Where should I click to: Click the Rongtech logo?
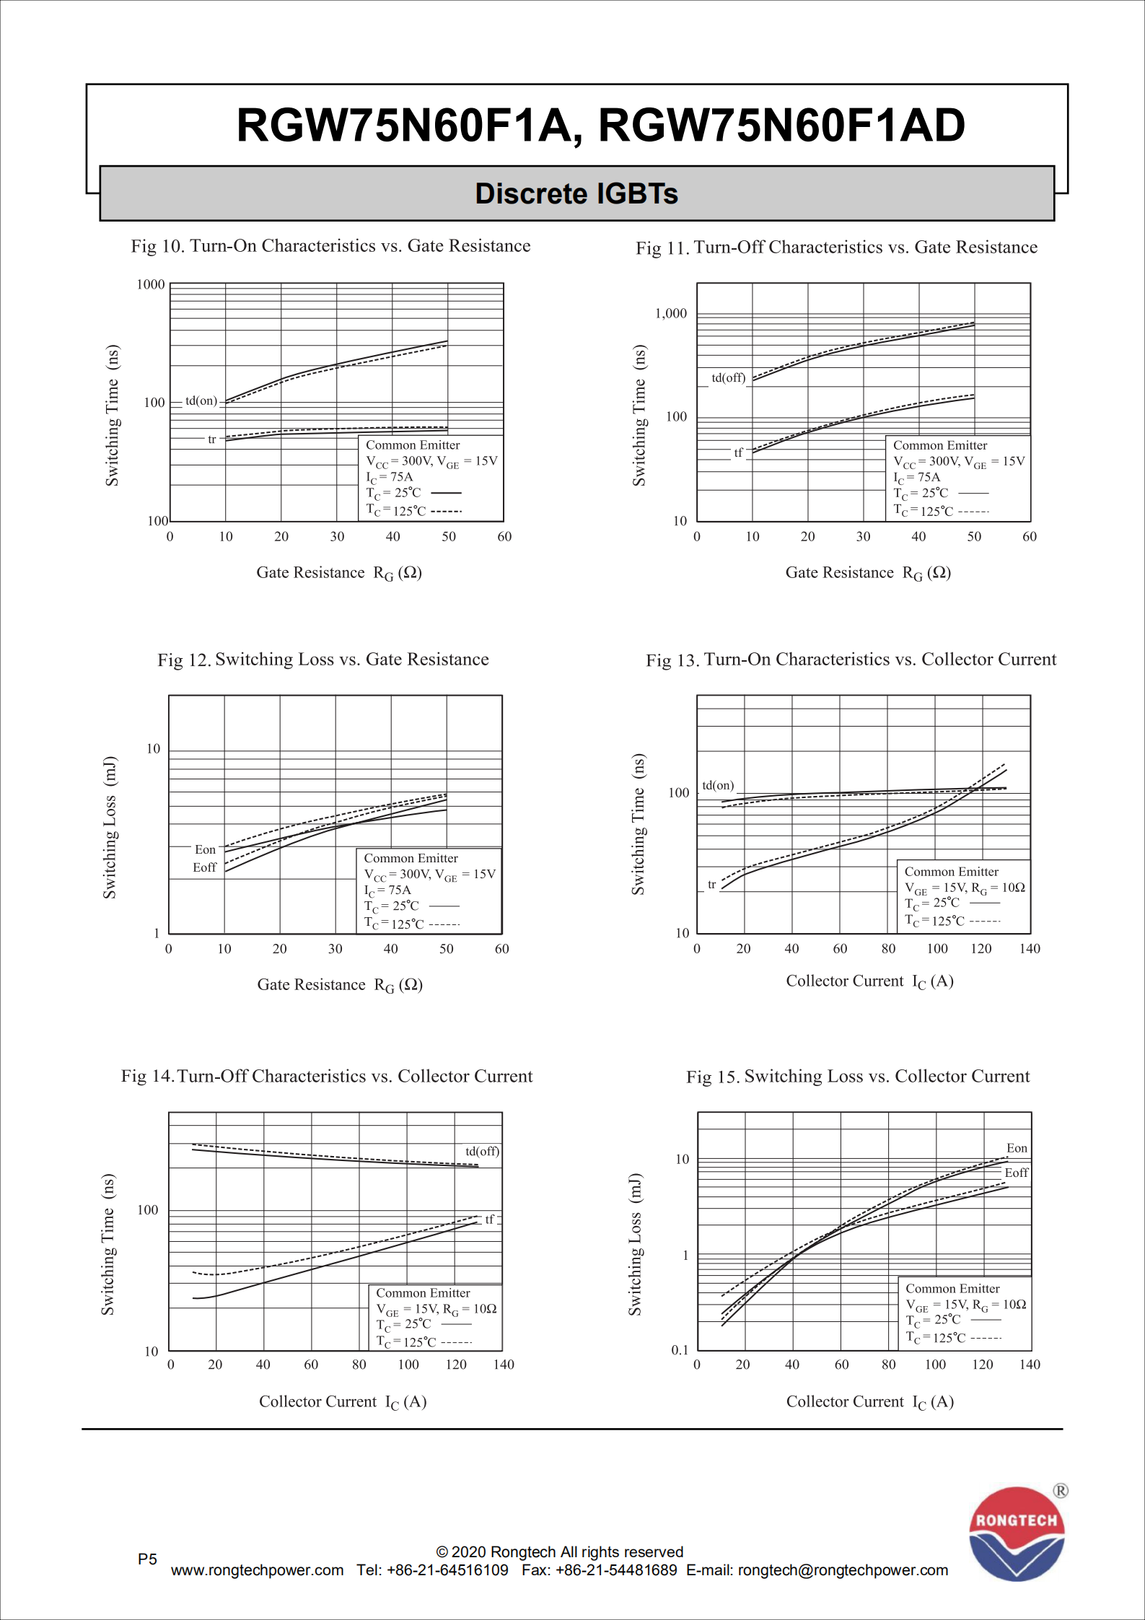[1017, 1533]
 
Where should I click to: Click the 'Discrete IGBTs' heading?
[576, 193]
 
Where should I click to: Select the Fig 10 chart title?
[330, 246]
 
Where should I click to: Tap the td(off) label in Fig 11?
[728, 377]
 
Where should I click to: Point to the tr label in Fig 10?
[211, 439]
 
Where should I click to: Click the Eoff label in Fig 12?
[204, 867]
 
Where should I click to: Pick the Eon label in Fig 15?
[1017, 1148]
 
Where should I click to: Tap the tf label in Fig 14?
[489, 1219]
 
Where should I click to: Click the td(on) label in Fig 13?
[718, 785]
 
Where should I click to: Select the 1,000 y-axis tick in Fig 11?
[671, 313]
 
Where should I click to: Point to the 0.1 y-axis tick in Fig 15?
[680, 1350]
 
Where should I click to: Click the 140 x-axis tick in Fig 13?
[1030, 949]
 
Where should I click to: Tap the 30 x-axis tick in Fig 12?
[335, 949]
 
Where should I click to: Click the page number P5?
[147, 1559]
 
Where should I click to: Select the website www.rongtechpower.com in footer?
[257, 1570]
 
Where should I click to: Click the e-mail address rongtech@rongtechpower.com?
[843, 1570]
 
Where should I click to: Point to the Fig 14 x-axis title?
[343, 1401]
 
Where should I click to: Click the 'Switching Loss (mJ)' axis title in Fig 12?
[110, 828]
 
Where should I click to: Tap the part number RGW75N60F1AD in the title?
[782, 125]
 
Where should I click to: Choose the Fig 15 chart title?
[858, 1077]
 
